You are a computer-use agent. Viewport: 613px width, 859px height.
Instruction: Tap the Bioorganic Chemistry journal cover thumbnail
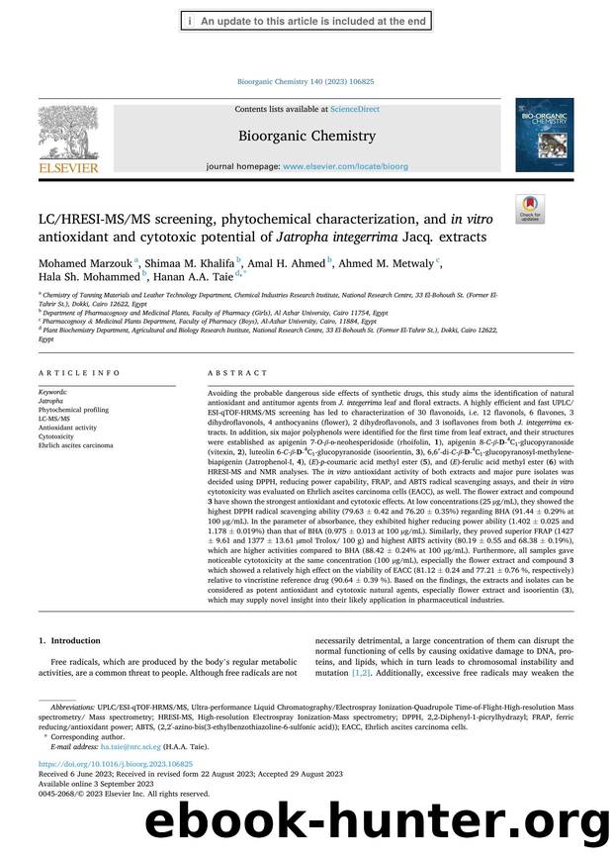point(543,142)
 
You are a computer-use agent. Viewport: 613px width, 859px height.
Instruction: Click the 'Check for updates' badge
point(530,209)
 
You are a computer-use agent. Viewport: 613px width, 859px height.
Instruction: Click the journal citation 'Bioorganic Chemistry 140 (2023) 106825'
point(306,82)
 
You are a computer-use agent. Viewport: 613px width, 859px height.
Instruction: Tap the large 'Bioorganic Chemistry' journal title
point(306,136)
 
